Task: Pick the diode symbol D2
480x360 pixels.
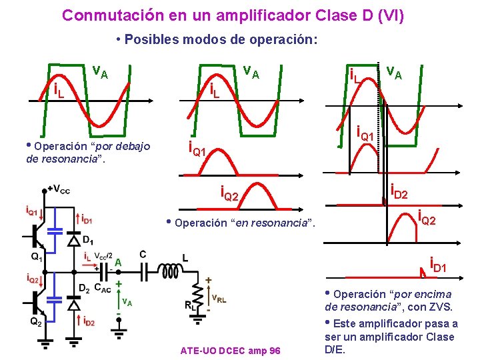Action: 74,303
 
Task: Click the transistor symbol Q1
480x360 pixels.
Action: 37,233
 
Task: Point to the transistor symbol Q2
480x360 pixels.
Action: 37,303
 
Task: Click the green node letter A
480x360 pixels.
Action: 117,262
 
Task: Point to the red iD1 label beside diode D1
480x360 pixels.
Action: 87,217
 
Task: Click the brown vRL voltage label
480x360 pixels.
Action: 218,299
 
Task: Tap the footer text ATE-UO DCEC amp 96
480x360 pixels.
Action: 230,351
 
